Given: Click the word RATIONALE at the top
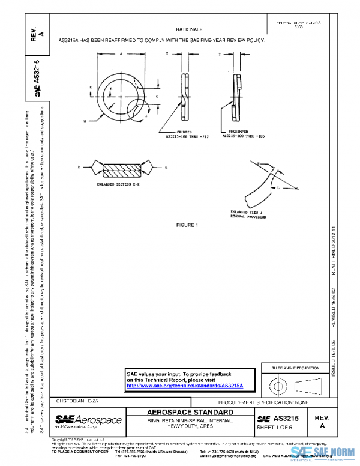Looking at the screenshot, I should click(189, 29).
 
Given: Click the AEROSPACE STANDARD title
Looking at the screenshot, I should click(190, 413).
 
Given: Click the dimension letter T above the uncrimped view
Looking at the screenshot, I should click(220, 54).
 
